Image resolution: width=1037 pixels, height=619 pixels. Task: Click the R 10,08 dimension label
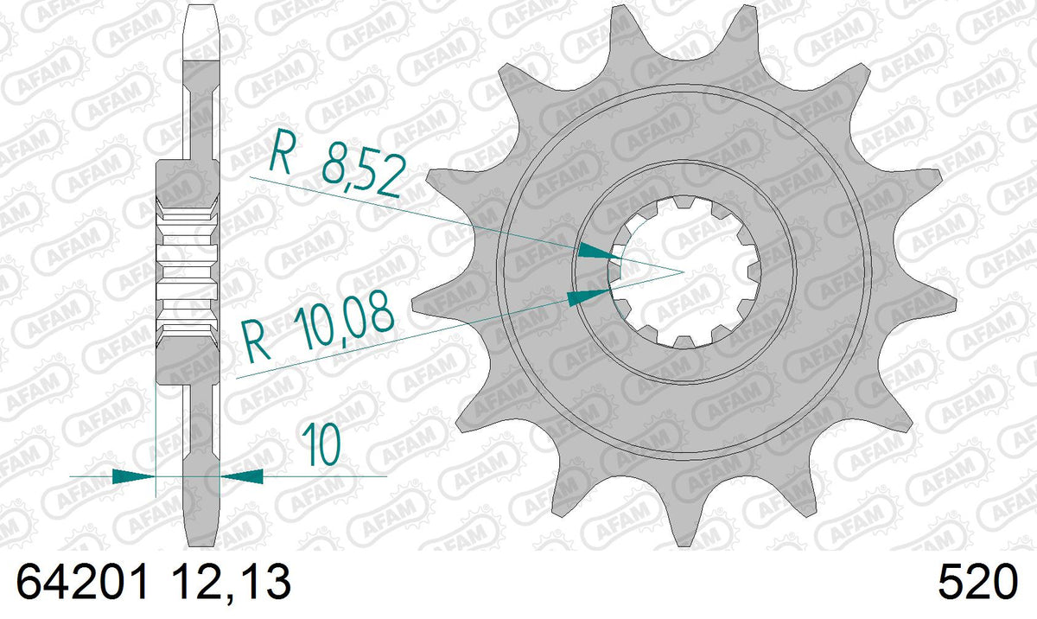pos(319,327)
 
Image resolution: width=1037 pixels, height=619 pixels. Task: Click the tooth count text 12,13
pos(231,582)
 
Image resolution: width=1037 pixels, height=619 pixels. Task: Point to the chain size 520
pos(977,582)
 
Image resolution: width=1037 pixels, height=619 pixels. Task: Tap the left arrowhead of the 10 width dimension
pos(133,476)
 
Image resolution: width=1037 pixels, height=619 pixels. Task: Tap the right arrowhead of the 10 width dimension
pos(242,476)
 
